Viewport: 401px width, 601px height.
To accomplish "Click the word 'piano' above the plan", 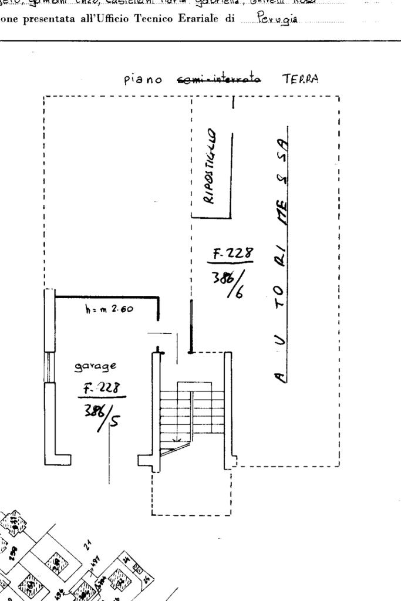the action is click(143, 80).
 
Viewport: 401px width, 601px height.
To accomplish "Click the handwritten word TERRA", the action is click(300, 79).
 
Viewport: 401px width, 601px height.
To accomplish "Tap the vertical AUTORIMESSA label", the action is click(283, 252).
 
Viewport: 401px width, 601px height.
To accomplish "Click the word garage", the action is click(95, 366).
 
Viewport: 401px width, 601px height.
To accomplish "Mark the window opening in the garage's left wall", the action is click(49, 367).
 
